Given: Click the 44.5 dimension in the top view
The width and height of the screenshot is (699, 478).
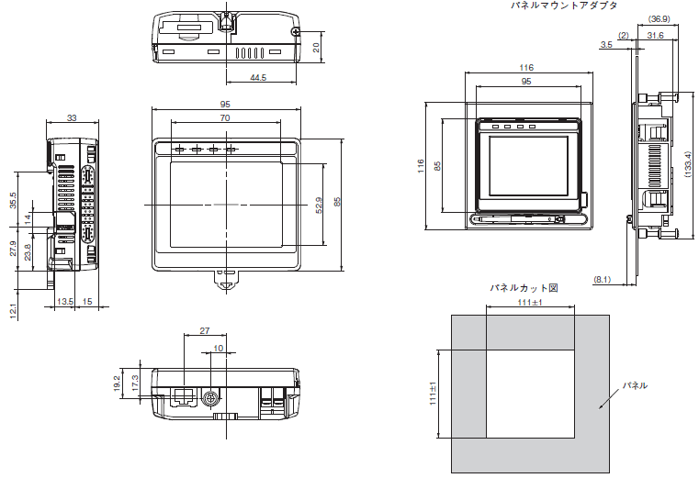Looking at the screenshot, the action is pyautogui.click(x=258, y=77).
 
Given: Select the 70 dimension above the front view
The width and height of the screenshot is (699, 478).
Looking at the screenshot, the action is pyautogui.click(x=225, y=117).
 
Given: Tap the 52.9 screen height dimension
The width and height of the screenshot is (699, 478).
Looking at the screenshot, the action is pyautogui.click(x=319, y=206).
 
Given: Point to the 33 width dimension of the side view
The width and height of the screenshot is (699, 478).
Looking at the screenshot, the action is pyautogui.click(x=72, y=118).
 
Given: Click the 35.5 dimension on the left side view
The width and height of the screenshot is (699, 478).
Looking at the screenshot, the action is pyautogui.click(x=13, y=200).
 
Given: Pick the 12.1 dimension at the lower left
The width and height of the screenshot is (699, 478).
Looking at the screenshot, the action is pyautogui.click(x=13, y=311).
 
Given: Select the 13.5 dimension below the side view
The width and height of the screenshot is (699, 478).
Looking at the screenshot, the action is pyautogui.click(x=65, y=302).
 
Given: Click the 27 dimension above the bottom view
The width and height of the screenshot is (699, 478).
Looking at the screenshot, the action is pyautogui.click(x=205, y=330).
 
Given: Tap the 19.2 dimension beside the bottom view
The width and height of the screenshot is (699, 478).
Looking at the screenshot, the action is pyautogui.click(x=117, y=384).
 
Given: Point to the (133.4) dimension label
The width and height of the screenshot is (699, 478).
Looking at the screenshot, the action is pyautogui.click(x=687, y=164).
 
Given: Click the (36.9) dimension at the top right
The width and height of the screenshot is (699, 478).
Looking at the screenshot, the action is pyautogui.click(x=659, y=19).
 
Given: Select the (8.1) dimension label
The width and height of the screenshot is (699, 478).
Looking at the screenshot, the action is pyautogui.click(x=602, y=279).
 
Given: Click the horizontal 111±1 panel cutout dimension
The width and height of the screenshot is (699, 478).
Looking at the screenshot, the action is pyautogui.click(x=530, y=303).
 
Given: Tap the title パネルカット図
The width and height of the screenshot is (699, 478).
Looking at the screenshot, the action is pyautogui.click(x=524, y=288).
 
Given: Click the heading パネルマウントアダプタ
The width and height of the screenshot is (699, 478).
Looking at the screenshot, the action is pyautogui.click(x=563, y=6).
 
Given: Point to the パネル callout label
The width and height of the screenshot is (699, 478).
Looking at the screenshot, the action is pyautogui.click(x=635, y=385).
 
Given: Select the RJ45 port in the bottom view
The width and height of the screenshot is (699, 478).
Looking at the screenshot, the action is pyautogui.click(x=184, y=396).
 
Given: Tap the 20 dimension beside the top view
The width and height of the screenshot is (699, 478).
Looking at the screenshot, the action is pyautogui.click(x=316, y=47).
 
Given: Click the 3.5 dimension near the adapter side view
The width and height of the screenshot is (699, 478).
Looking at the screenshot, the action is pyautogui.click(x=606, y=45).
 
